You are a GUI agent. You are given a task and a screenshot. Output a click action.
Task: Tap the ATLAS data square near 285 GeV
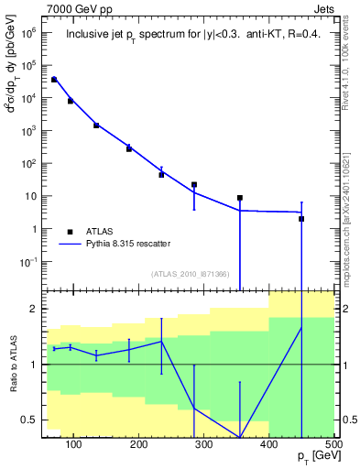pyautogui.click(x=194, y=184)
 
